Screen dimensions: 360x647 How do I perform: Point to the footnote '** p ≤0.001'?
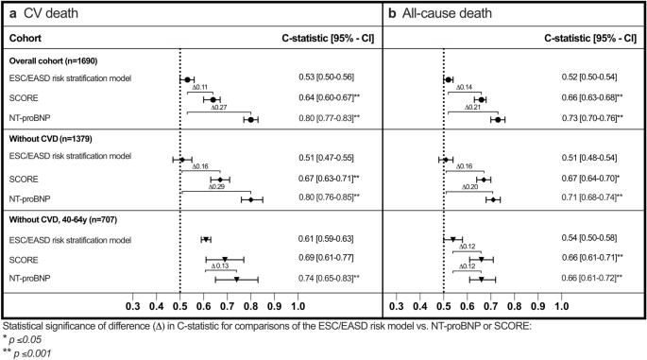[x=29, y=351]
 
